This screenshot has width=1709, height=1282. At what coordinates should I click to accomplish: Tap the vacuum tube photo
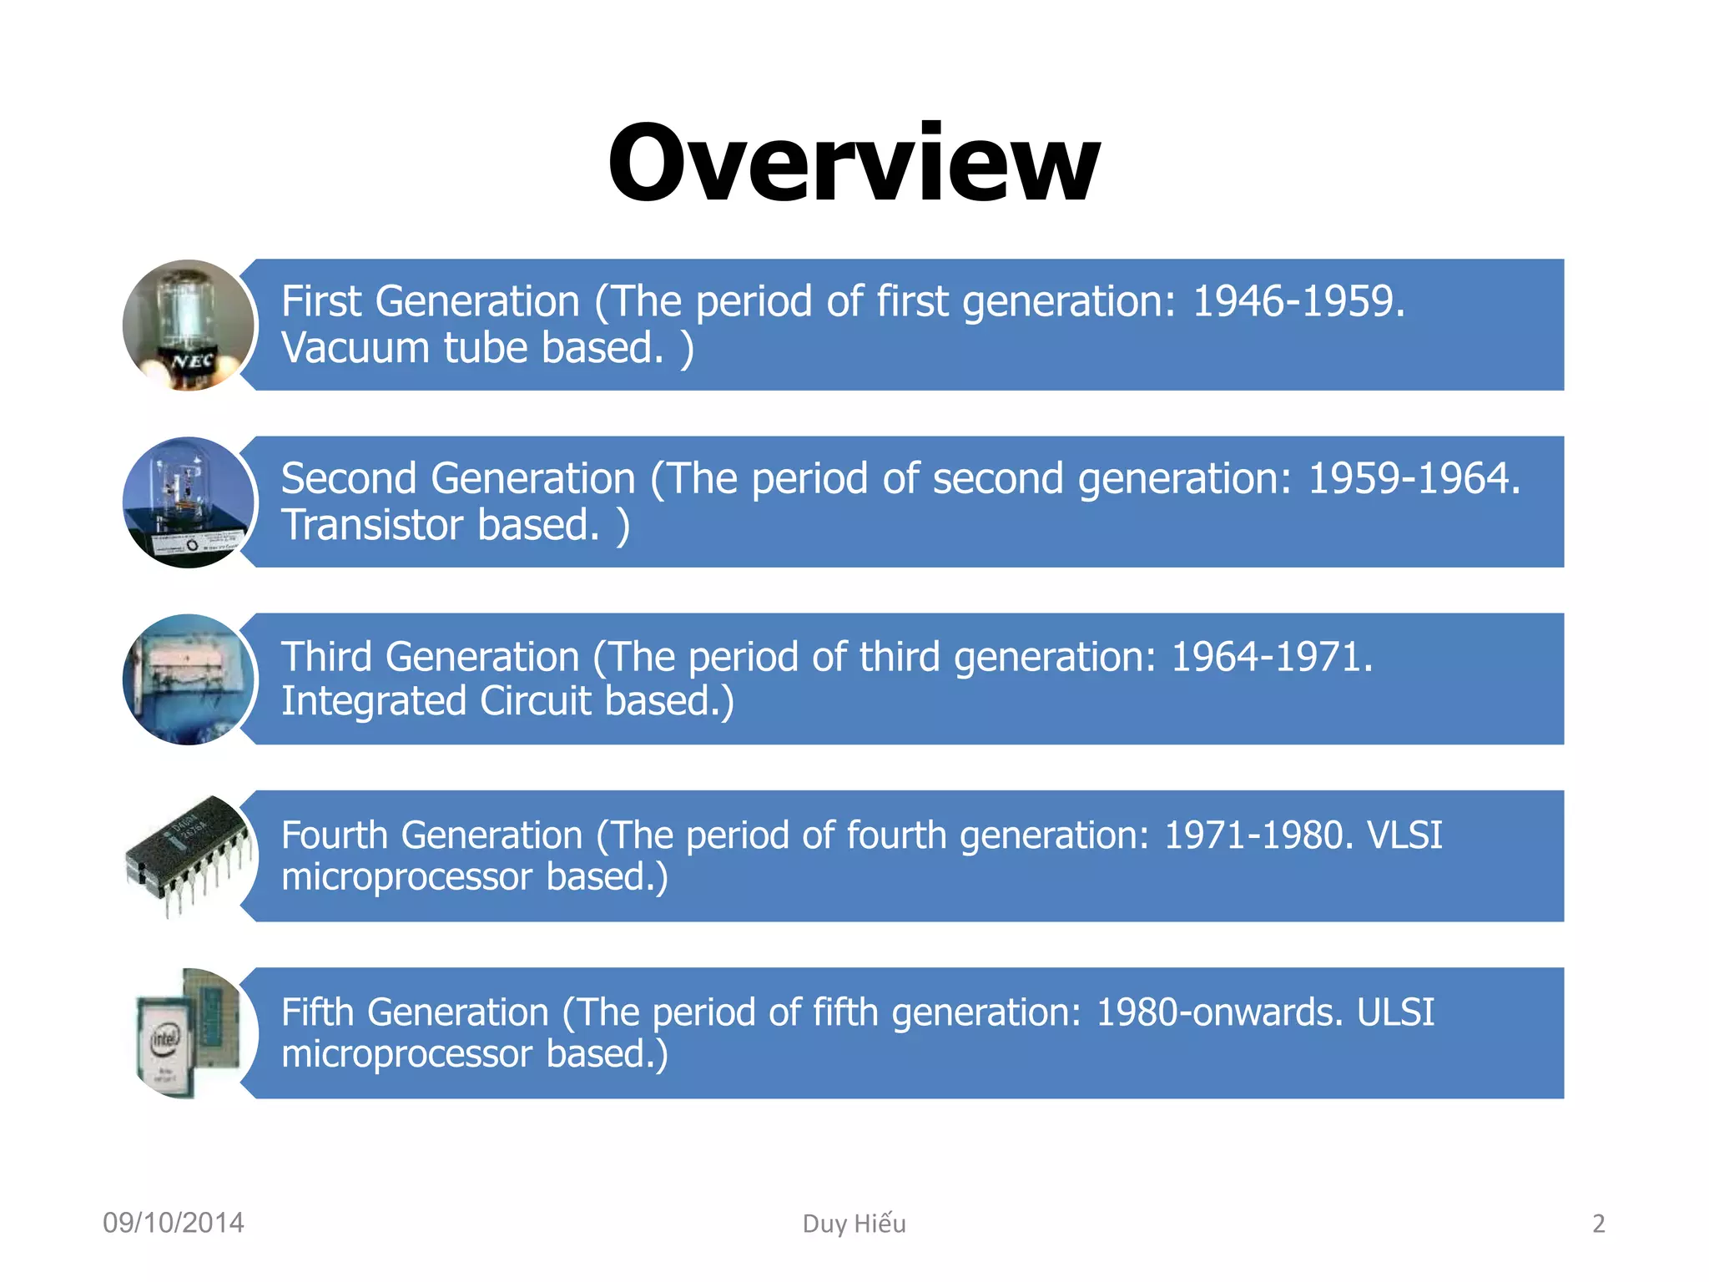[x=189, y=325]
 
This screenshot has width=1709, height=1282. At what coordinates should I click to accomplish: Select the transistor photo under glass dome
[x=189, y=502]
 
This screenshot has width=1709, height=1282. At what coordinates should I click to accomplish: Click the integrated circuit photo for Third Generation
[x=189, y=679]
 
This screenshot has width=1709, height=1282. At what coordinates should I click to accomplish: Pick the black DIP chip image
[x=189, y=855]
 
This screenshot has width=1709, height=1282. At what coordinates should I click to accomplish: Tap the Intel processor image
[x=189, y=1033]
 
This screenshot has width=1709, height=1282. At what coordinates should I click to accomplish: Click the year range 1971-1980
[x=1252, y=835]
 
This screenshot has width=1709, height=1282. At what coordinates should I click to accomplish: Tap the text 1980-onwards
[x=1218, y=1012]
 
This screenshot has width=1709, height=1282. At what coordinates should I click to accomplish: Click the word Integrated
[x=373, y=700]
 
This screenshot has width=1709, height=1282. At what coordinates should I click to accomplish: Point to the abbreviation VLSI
[x=1404, y=835]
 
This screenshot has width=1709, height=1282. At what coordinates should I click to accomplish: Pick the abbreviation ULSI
[x=1395, y=1012]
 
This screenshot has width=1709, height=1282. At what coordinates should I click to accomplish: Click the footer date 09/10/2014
[x=174, y=1223]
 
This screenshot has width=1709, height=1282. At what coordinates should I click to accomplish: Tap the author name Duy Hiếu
[x=854, y=1224]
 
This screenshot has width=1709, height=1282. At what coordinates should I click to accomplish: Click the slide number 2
[x=1598, y=1224]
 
